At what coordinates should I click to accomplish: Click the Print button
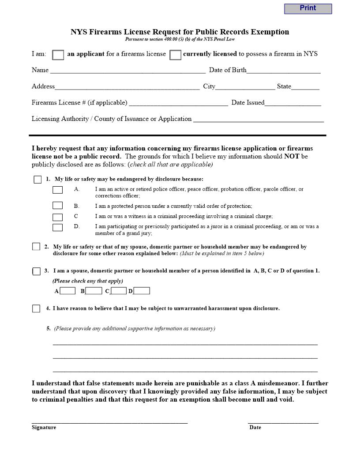(307, 8)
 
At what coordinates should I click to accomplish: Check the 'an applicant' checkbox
(58, 55)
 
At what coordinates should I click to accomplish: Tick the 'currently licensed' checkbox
(175, 55)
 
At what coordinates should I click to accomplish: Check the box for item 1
(37, 180)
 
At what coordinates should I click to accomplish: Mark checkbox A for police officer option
(57, 190)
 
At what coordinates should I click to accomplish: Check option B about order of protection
(57, 206)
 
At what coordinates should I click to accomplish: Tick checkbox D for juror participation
(57, 228)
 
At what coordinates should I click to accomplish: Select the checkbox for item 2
(36, 247)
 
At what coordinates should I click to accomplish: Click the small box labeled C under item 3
(118, 291)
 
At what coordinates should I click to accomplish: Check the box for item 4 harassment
(36, 309)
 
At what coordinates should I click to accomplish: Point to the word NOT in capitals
(292, 157)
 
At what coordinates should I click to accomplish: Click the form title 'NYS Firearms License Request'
(180, 32)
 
